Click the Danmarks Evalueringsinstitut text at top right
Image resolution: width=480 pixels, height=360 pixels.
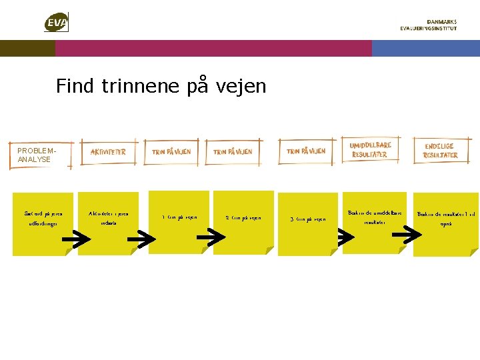click(x=428, y=25)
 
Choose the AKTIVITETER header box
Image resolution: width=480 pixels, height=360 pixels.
click(x=108, y=152)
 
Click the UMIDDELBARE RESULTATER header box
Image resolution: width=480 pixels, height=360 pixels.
click(x=370, y=150)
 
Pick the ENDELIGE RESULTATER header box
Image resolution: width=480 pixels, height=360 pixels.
click(x=441, y=151)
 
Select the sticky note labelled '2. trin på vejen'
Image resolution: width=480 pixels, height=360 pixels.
click(x=243, y=219)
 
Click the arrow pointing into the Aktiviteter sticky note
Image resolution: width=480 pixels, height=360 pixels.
click(x=80, y=237)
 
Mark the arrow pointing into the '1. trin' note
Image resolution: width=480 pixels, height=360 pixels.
click(x=141, y=237)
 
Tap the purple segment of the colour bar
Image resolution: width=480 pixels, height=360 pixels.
click(x=213, y=48)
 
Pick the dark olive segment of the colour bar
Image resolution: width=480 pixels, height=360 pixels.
click(x=27, y=48)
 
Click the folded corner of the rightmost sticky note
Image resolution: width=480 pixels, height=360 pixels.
click(x=473, y=253)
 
